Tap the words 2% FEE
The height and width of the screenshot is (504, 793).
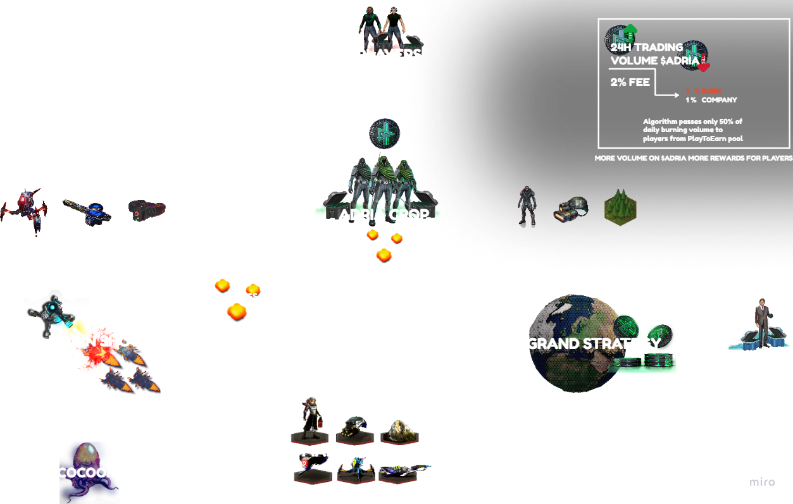(x=630, y=82)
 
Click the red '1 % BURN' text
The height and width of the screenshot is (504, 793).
(x=703, y=91)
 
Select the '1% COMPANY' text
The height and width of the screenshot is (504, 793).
(x=711, y=100)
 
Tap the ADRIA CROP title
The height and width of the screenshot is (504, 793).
(x=384, y=215)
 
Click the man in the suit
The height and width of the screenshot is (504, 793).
(x=761, y=324)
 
